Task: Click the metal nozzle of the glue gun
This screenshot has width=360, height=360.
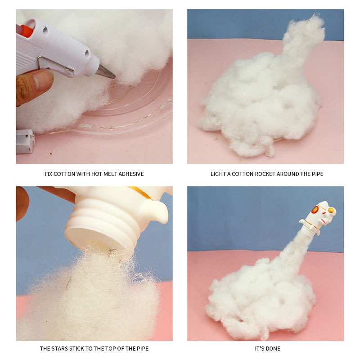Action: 105,72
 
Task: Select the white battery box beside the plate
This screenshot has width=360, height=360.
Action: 25,141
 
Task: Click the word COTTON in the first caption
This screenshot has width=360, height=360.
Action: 64,174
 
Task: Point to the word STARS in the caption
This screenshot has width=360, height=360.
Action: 60,348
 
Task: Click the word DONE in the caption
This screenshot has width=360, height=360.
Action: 273,348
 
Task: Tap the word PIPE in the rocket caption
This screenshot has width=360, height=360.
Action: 318,174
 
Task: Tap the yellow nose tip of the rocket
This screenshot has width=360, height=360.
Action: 332,210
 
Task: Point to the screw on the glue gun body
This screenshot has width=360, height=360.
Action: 45,29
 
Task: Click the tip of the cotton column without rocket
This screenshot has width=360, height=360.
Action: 314,16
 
